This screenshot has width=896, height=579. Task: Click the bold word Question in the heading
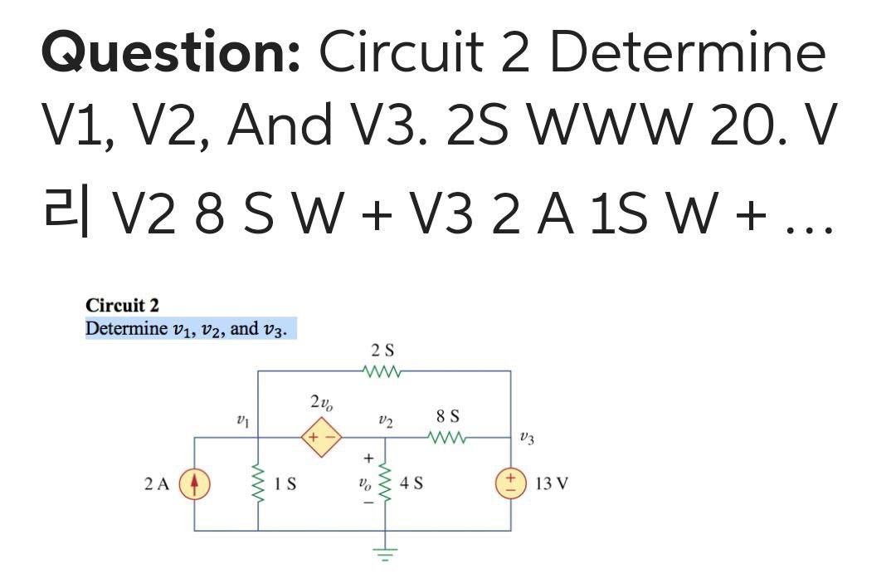pyautogui.click(x=170, y=55)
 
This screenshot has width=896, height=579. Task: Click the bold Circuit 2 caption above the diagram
pyautogui.click(x=122, y=307)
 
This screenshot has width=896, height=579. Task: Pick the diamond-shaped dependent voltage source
pyautogui.click(x=319, y=436)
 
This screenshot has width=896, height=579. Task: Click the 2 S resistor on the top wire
pyautogui.click(x=382, y=371)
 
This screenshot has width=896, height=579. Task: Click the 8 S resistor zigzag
pyautogui.click(x=448, y=436)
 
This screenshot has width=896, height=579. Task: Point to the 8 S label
pyautogui.click(x=448, y=415)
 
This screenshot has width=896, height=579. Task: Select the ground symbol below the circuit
pyautogui.click(x=384, y=551)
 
